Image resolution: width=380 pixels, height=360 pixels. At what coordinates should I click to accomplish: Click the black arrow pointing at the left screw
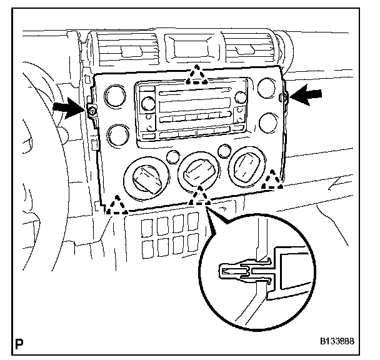pyautogui.click(x=66, y=107)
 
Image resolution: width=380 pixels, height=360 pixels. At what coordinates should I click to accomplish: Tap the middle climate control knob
pyautogui.click(x=199, y=170)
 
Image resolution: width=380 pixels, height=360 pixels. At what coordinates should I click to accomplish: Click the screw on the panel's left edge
pyautogui.click(x=91, y=111)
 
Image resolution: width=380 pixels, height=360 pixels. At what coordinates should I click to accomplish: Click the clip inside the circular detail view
pyautogui.click(x=241, y=272)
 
